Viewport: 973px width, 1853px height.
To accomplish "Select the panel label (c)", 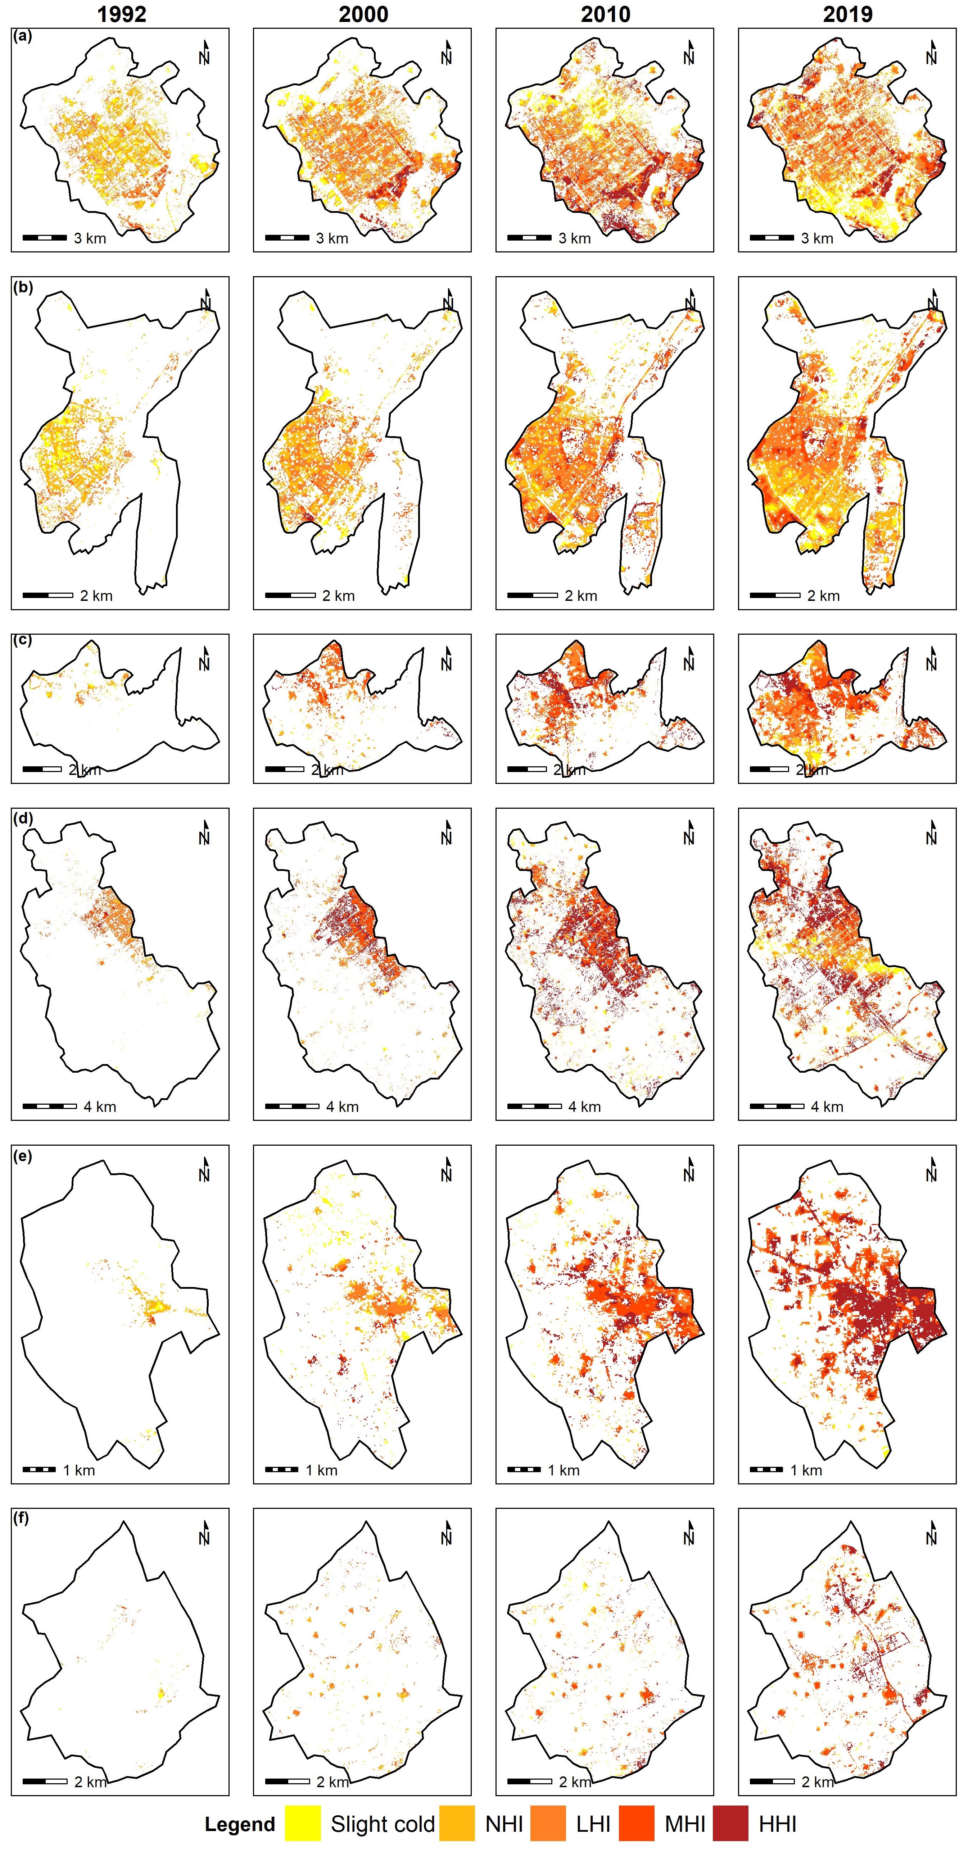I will [x=22, y=640].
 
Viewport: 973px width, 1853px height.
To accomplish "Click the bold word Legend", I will [x=240, y=1825].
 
